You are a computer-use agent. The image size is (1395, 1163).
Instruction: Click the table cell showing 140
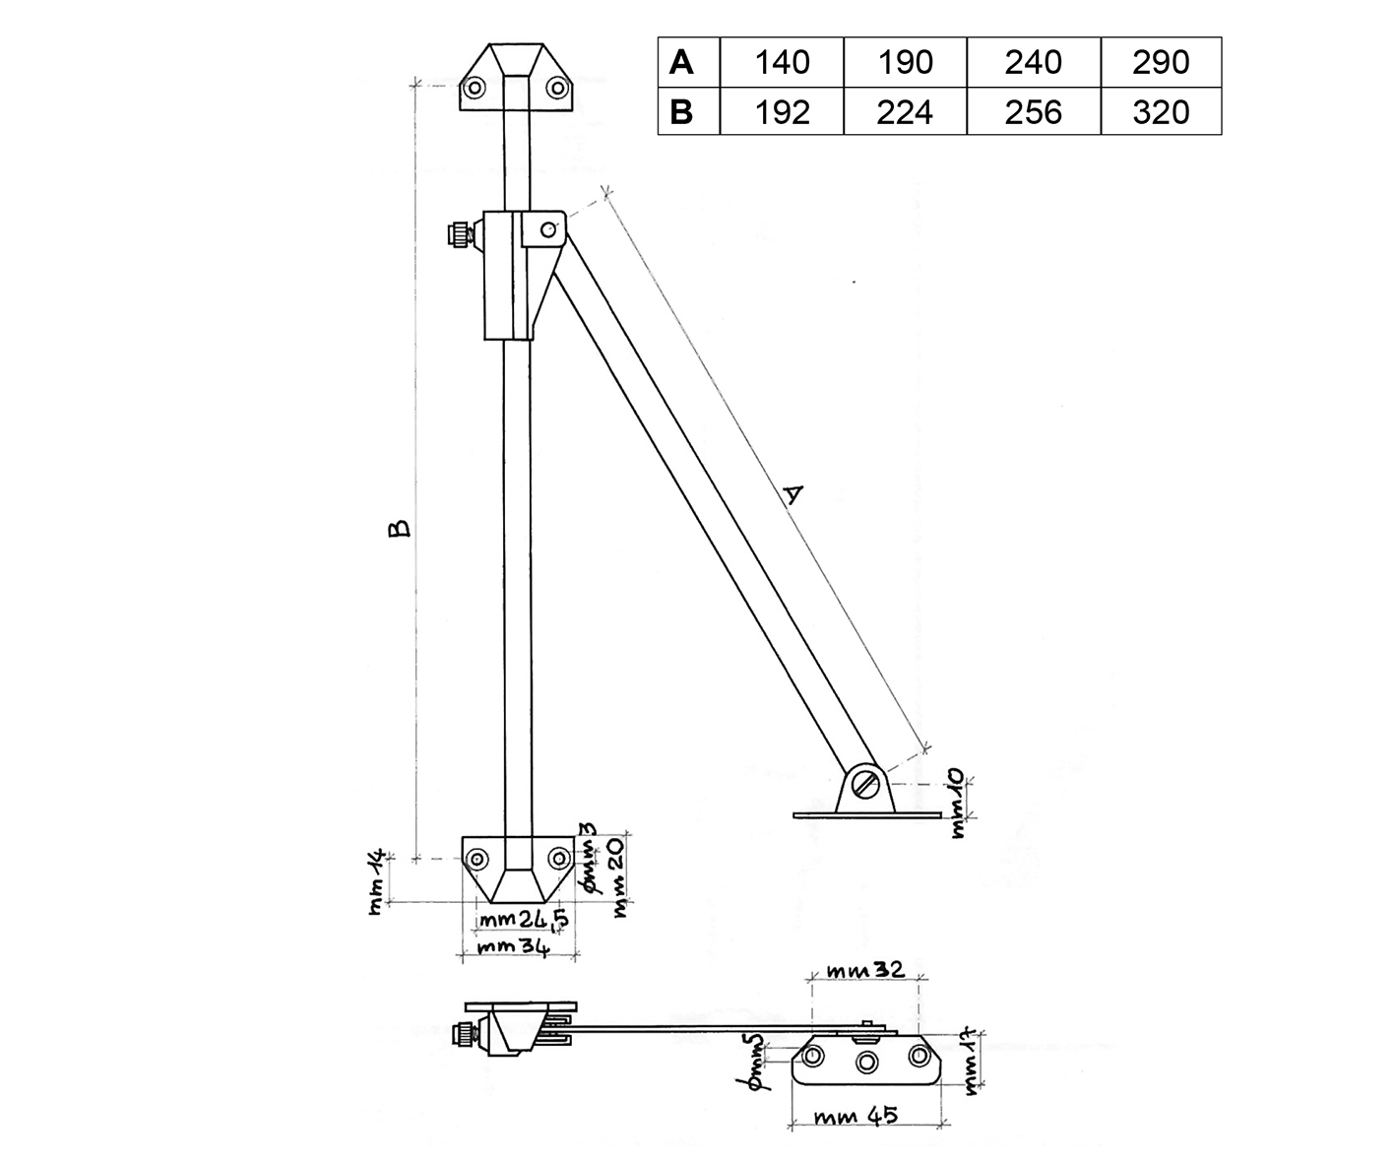(x=782, y=62)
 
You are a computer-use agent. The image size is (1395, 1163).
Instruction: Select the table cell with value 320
(x=1161, y=111)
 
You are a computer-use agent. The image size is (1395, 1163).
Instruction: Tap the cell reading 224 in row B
(x=905, y=111)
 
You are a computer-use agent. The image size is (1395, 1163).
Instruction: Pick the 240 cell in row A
(x=1033, y=62)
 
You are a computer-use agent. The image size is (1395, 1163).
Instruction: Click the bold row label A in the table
(x=681, y=62)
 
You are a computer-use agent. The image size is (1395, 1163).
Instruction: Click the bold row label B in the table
(x=681, y=111)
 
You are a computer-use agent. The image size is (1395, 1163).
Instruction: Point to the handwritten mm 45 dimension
(x=856, y=1115)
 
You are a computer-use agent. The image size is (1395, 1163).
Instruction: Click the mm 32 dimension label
(x=866, y=969)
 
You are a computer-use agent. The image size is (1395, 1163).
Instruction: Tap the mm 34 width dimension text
(x=513, y=947)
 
